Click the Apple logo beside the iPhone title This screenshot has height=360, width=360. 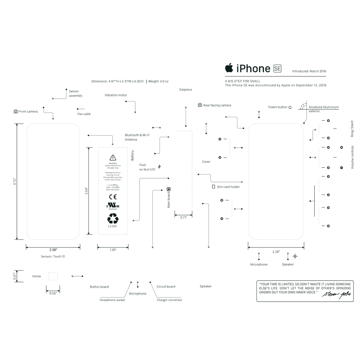point(229,67)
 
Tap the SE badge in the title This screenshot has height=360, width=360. point(277,69)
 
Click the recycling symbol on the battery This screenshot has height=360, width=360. point(113,219)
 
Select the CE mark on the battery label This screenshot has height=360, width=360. point(113,197)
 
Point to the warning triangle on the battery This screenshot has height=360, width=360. point(112,157)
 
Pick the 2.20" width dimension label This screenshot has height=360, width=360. point(53,250)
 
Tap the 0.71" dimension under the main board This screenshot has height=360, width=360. point(184,218)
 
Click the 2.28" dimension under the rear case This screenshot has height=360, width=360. point(276,252)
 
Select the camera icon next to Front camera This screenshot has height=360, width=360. point(16,111)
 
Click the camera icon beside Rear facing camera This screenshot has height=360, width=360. point(200,105)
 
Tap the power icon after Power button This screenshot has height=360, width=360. point(290,107)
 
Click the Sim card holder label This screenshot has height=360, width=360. point(228,187)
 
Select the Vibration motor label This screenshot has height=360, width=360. point(116,95)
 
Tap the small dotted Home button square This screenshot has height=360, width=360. point(53,276)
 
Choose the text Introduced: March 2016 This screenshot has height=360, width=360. point(309,71)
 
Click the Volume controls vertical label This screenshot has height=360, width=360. point(352,157)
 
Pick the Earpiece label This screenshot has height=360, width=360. point(186,90)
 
